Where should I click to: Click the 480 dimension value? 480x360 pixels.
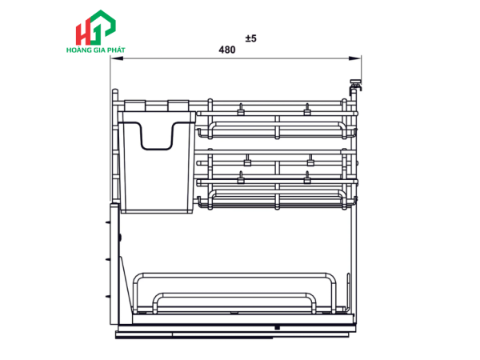227,50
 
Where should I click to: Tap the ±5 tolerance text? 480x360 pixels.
250,38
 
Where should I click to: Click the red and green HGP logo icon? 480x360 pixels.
95,27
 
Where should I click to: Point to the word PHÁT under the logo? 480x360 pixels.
116,50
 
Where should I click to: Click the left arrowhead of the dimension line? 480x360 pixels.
117,58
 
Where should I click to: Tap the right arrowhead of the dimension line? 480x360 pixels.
354,58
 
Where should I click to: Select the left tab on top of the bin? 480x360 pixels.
134,105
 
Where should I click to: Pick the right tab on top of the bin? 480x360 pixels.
178,105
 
